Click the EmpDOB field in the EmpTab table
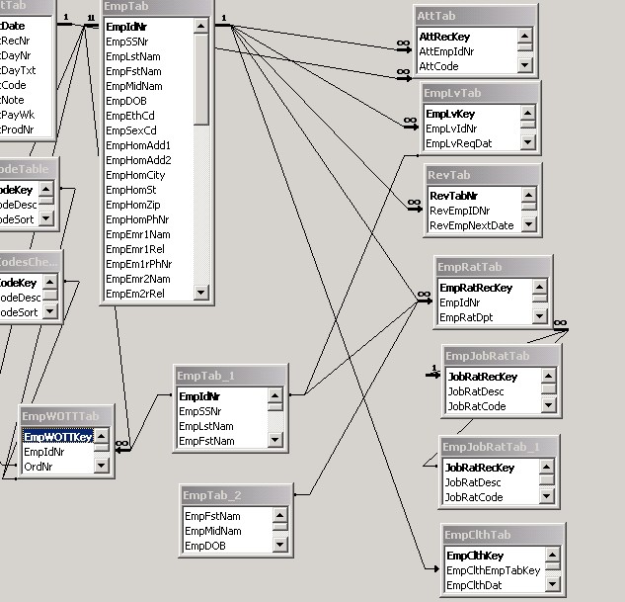(126, 101)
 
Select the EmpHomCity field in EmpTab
(135, 175)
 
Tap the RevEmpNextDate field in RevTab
(471, 225)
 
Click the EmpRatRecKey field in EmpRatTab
(475, 288)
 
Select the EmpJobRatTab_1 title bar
(499, 447)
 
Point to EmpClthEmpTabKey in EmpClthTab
(493, 570)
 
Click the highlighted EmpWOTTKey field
(57, 437)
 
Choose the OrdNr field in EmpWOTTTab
(39, 467)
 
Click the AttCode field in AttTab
(439, 66)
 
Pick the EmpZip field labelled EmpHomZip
(132, 205)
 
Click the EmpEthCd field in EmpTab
(130, 116)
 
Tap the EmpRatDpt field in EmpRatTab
(466, 317)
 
